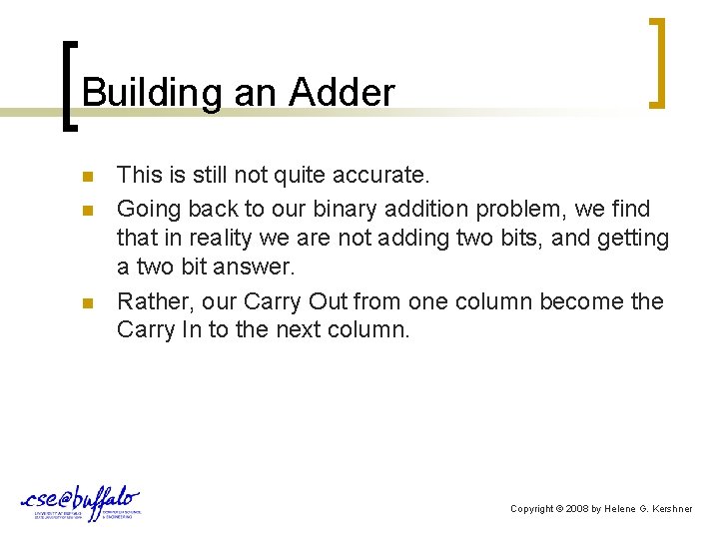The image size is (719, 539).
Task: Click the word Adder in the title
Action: [342, 93]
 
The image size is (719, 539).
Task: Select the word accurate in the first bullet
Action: [380, 176]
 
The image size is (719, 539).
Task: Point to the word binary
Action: [342, 209]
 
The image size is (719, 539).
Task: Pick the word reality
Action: [204, 239]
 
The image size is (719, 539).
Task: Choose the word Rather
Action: [151, 300]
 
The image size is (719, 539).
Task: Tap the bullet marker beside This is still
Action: [88, 178]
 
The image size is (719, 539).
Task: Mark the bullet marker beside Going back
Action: [88, 210]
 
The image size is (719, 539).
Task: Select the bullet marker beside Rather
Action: [88, 302]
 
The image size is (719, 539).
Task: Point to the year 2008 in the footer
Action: [575, 509]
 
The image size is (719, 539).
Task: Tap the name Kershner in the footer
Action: [670, 509]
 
